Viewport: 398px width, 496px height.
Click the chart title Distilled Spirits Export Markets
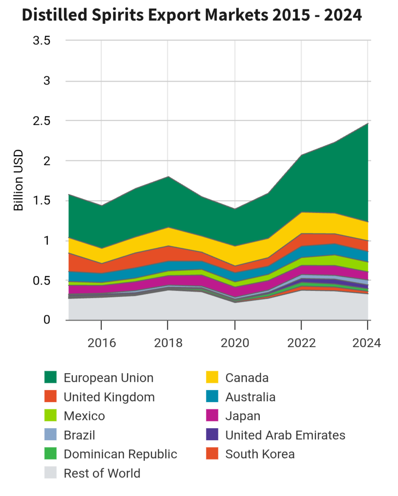(x=192, y=15)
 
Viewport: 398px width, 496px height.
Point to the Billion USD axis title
(x=18, y=180)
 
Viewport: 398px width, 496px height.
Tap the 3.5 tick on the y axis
(x=41, y=41)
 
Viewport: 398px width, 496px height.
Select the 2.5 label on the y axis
(x=41, y=121)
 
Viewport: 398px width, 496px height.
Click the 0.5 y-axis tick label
(x=41, y=281)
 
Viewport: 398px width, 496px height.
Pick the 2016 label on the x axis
(x=101, y=343)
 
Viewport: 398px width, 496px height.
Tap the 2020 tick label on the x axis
(x=235, y=343)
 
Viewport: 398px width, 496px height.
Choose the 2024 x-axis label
(x=366, y=343)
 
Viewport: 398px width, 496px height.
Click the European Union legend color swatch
(x=51, y=378)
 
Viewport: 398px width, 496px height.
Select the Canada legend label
(x=247, y=378)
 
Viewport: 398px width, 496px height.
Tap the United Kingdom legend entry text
(x=109, y=397)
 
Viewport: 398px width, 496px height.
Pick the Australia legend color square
(x=212, y=397)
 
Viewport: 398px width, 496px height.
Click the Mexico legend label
(x=84, y=416)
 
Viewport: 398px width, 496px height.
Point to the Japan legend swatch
(x=212, y=416)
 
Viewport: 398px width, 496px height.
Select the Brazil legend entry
(x=79, y=435)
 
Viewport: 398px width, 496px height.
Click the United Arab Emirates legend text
(x=285, y=435)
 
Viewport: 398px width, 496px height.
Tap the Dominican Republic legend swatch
(x=51, y=454)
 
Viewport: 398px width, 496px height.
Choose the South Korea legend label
(x=260, y=454)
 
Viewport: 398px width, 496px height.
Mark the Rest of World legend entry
(x=102, y=474)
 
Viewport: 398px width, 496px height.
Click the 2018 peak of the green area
(x=168, y=177)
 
